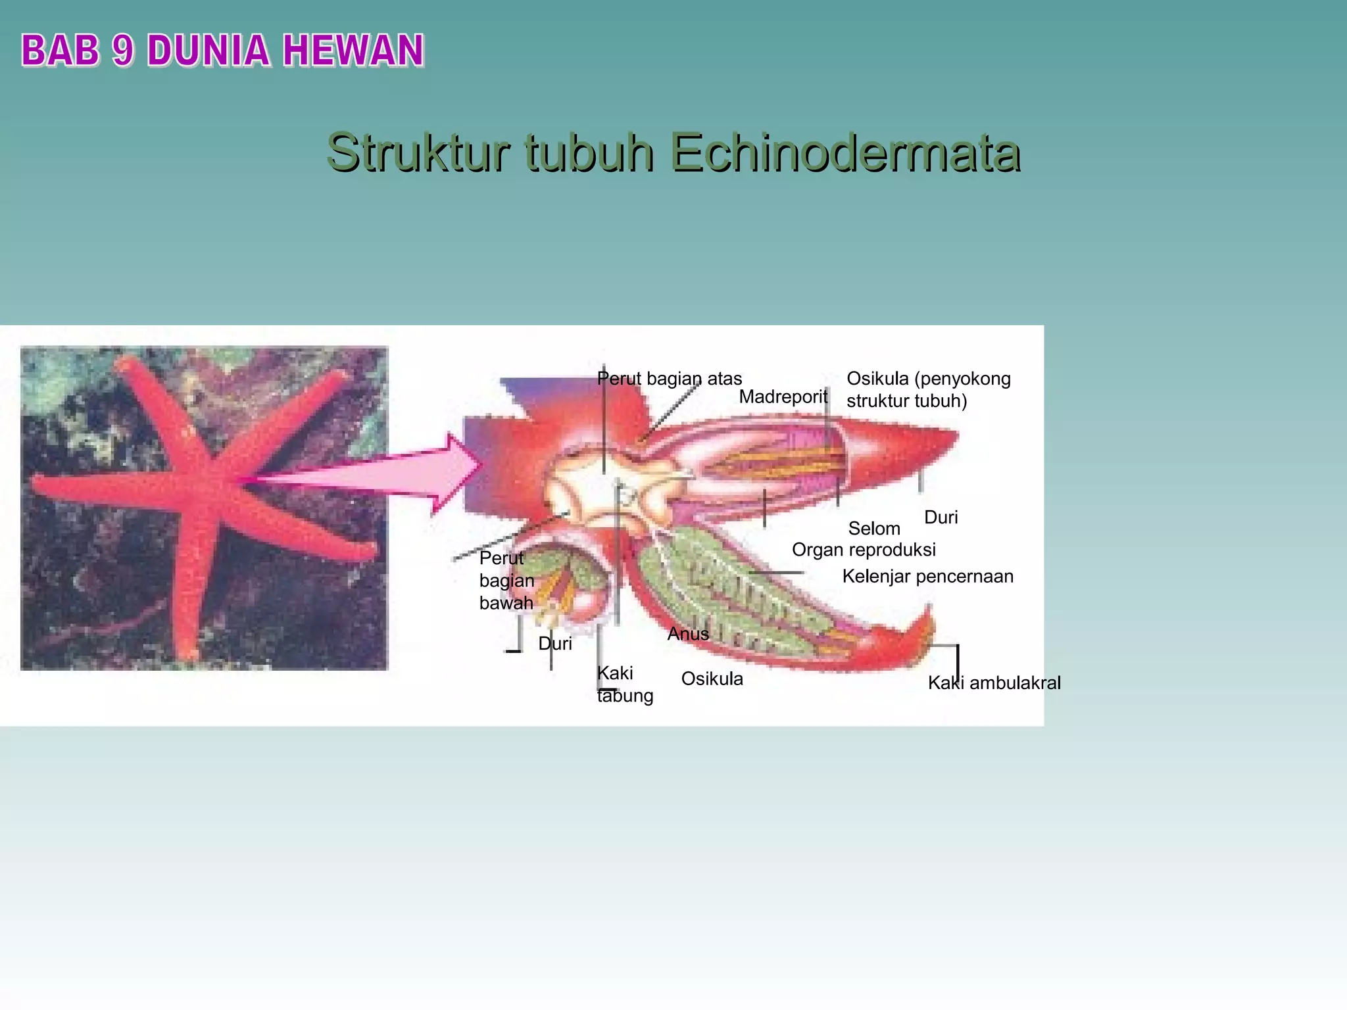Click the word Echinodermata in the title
click(x=845, y=153)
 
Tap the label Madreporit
click(x=783, y=397)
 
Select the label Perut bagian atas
click(x=670, y=379)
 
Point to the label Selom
click(x=873, y=528)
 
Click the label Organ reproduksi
click(x=863, y=550)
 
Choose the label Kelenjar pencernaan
click(x=927, y=577)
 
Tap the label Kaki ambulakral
click(x=994, y=683)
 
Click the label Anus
click(x=688, y=634)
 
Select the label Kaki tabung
click(x=624, y=684)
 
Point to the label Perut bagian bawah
click(x=506, y=580)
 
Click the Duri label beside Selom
click(x=941, y=517)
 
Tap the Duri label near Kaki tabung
click(x=555, y=644)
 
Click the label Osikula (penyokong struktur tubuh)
click(x=927, y=389)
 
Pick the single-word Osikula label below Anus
click(x=712, y=679)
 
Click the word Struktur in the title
click(x=417, y=153)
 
